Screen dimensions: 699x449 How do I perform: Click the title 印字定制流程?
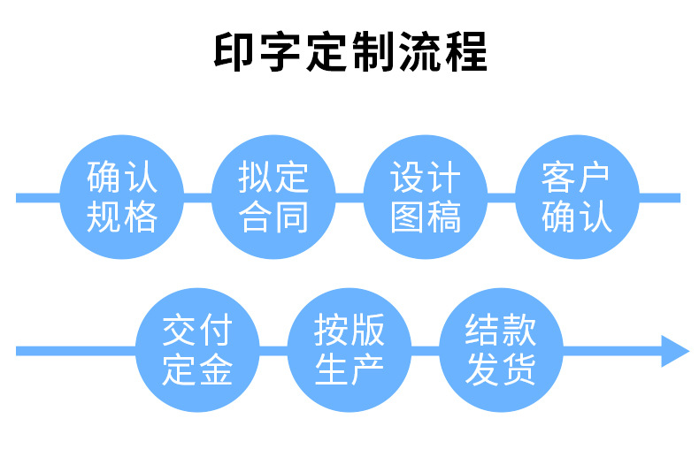pyautogui.click(x=349, y=52)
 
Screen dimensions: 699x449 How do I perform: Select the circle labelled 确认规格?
pyautogui.click(x=122, y=197)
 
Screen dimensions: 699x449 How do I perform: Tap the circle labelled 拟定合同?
pyautogui.click(x=273, y=197)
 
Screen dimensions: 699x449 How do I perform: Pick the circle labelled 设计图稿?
pyautogui.click(x=426, y=197)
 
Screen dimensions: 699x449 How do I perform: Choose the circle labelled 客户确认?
pyautogui.click(x=577, y=197)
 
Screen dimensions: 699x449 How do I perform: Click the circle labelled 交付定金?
pyautogui.click(x=197, y=351)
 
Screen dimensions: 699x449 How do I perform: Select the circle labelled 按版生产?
pyautogui.click(x=349, y=351)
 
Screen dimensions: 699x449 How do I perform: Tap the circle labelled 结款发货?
pyautogui.click(x=501, y=351)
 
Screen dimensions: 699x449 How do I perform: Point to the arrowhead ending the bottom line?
pyautogui.click(x=676, y=351)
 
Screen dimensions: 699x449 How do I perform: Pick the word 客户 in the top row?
pyautogui.click(x=577, y=178)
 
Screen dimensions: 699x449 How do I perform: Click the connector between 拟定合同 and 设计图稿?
pyautogui.click(x=349, y=197)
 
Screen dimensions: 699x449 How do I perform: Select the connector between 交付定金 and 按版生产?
pyautogui.click(x=273, y=351)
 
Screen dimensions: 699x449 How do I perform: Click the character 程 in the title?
pyautogui.click(x=466, y=52)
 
